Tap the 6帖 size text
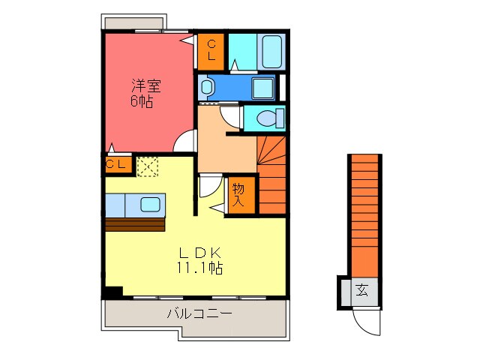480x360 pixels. click(141, 101)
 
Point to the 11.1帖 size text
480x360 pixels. click(199, 268)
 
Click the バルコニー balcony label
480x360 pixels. click(199, 313)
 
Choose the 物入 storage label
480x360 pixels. click(238, 195)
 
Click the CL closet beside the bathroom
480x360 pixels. click(211, 49)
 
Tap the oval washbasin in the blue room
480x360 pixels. click(207, 87)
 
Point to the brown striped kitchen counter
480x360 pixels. click(135, 223)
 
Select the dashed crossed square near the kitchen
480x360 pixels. click(148, 165)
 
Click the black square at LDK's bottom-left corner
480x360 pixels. click(113, 292)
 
